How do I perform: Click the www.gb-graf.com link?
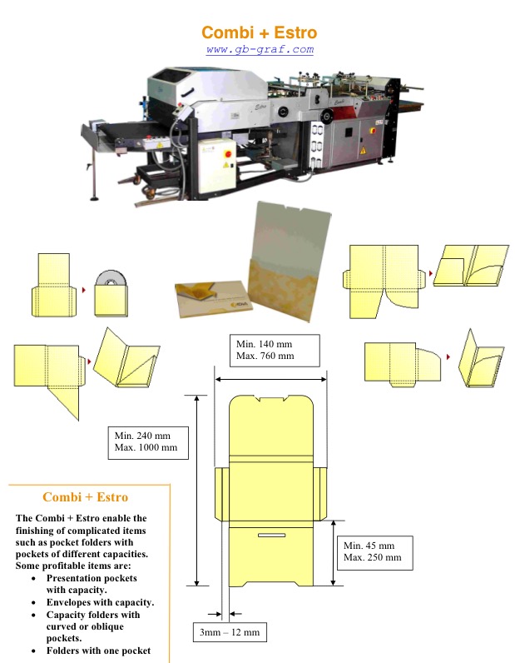pos(260,49)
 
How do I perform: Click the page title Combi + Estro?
pos(259,33)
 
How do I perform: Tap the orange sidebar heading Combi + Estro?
pos(85,497)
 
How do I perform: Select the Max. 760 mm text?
pos(265,356)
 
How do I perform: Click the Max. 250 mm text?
pos(372,557)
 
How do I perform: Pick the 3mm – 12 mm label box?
pos(230,633)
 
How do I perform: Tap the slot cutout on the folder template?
pos(270,533)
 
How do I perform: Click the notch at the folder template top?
pos(270,399)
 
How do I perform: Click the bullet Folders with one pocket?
pos(98,650)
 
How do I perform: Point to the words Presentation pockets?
pos(92,577)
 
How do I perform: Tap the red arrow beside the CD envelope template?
pos(84,290)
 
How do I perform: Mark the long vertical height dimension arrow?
pos(197,491)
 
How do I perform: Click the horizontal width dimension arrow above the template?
pos(270,379)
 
